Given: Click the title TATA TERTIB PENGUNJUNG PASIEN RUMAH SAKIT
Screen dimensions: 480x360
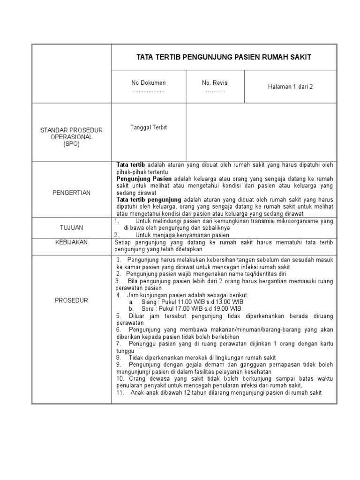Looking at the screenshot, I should click(224, 57).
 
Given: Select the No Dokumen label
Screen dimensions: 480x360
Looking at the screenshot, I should click(149, 83).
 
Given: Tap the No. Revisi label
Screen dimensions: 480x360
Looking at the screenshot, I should click(215, 83).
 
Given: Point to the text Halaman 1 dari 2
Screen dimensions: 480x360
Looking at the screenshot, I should click(290, 87).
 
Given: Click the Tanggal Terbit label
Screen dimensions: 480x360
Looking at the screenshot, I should click(149, 127).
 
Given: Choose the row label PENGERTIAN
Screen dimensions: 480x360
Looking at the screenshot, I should click(72, 193).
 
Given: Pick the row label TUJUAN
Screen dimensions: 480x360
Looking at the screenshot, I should click(72, 227).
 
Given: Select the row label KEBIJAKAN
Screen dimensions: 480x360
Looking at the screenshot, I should click(72, 242).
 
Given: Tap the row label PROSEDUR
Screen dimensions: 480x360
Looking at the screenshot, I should click(72, 300).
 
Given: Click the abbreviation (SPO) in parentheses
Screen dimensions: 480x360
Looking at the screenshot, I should click(72, 144).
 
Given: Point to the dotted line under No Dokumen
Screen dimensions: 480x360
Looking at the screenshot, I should click(148, 91).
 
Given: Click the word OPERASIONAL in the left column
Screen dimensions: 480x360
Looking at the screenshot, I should click(72, 137).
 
